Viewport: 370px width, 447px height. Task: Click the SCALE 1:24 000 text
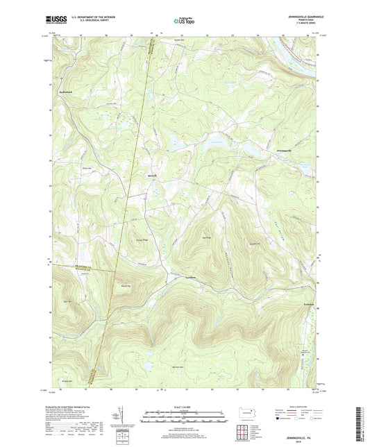(x=185, y=406)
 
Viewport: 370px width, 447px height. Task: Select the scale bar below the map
(x=185, y=419)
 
